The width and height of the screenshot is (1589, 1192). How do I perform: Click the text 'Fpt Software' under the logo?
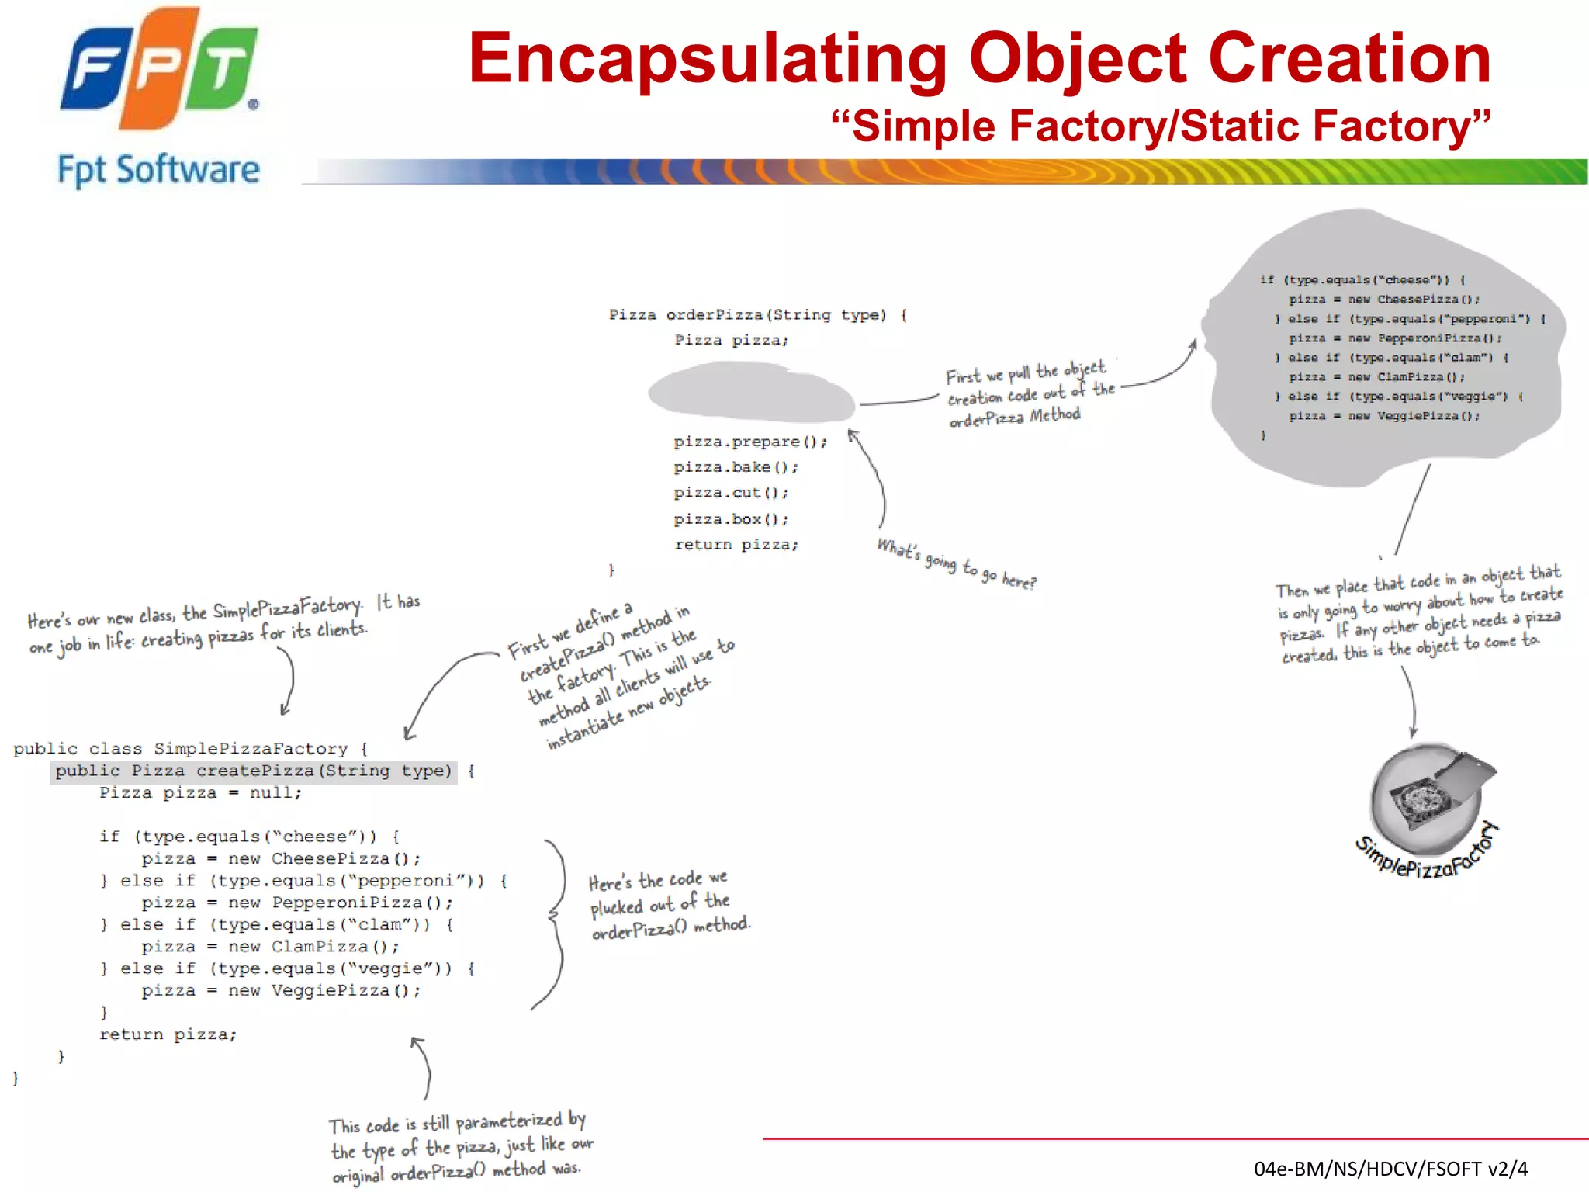click(158, 170)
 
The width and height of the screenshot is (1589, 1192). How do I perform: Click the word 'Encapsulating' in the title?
click(708, 59)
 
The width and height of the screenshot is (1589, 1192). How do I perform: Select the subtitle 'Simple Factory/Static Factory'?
click(1160, 126)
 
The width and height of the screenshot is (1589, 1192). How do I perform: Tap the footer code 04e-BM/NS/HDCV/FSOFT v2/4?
click(1390, 1169)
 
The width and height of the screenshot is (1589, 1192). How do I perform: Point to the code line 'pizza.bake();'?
click(735, 467)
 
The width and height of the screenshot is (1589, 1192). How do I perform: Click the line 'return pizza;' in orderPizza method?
click(736, 545)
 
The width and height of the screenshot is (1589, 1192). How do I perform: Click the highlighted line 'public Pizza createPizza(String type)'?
click(254, 771)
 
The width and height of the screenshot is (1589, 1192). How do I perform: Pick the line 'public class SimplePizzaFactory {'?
click(190, 749)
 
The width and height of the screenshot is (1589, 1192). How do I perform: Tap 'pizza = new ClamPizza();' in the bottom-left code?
click(270, 947)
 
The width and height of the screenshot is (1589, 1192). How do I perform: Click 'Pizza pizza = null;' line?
click(200, 793)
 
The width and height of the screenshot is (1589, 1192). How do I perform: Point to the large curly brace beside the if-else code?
click(555, 923)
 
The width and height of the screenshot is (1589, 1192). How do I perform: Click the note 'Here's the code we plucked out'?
click(669, 905)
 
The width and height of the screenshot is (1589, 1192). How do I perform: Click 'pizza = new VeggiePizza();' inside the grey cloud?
click(1383, 416)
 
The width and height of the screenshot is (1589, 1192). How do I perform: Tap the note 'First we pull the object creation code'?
click(1030, 394)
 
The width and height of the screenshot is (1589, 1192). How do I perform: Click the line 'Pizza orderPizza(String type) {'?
click(757, 315)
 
